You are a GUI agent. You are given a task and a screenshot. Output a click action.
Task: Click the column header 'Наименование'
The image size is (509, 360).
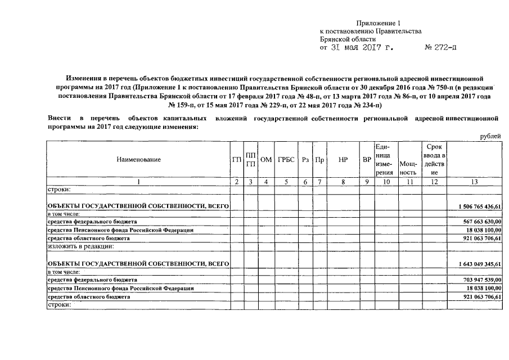138,159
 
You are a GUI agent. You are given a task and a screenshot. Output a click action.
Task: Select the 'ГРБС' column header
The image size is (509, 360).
286,159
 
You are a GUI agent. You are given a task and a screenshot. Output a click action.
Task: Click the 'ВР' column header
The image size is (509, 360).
367,159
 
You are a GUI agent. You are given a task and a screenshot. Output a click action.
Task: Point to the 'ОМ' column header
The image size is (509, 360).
266,159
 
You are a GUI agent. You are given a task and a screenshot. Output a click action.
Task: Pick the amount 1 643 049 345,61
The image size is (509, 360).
480,263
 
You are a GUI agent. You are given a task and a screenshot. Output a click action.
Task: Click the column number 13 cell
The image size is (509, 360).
475,181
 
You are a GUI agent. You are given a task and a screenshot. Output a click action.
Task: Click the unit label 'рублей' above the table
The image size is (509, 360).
490,136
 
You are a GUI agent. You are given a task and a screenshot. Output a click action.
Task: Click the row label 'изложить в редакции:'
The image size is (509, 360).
81,246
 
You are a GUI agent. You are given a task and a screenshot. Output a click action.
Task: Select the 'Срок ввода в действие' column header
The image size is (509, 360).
434,159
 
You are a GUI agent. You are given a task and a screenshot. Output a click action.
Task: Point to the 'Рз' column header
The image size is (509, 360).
305,159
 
